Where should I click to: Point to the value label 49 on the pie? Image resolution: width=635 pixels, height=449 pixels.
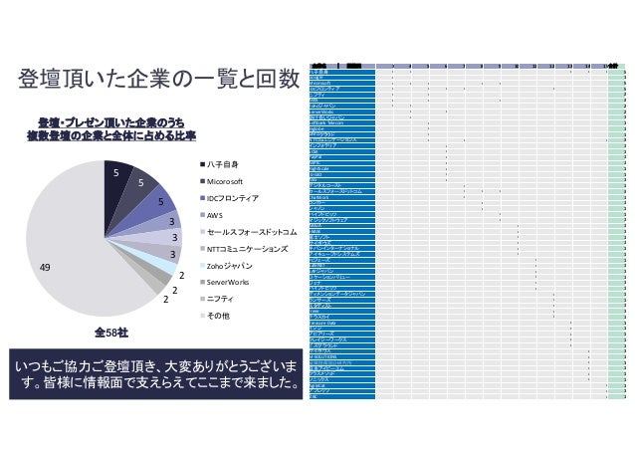point(45,267)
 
